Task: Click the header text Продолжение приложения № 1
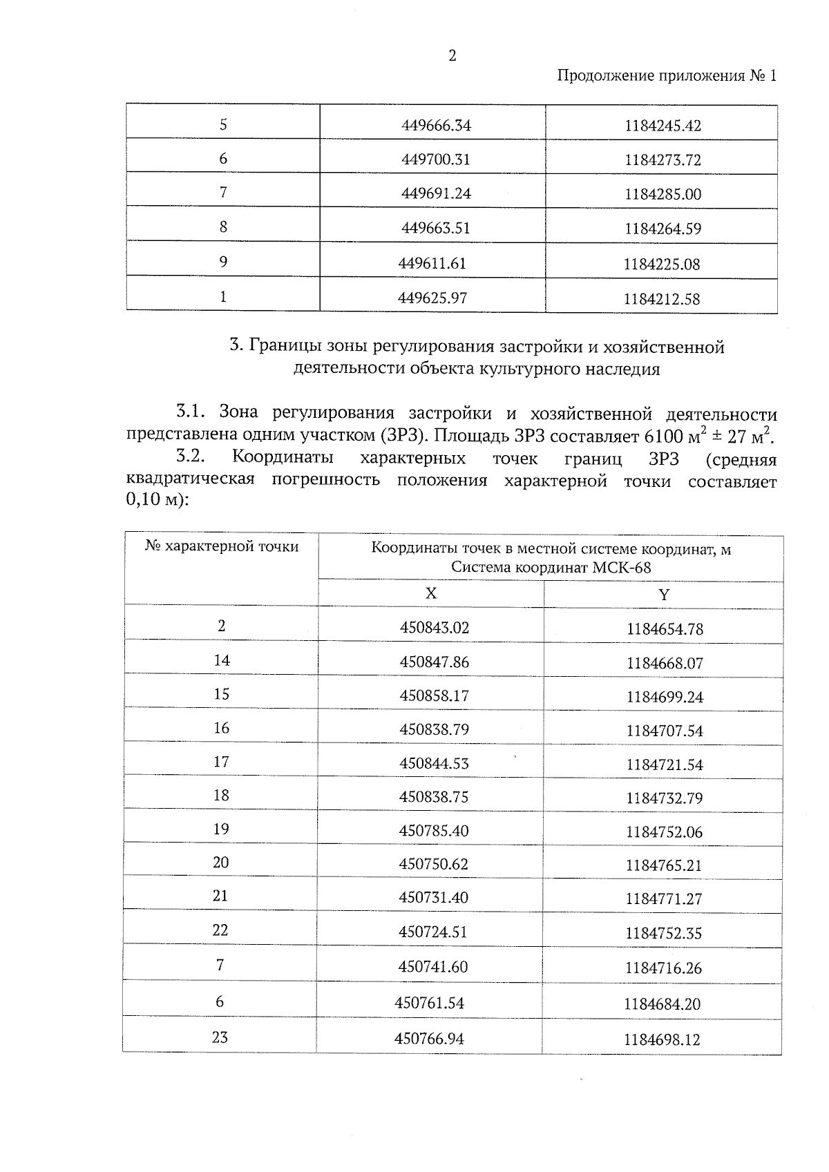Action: pyautogui.click(x=667, y=76)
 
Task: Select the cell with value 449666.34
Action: pyautogui.click(x=436, y=126)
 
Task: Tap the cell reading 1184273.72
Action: pyautogui.click(x=663, y=160)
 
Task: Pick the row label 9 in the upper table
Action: pyautogui.click(x=223, y=262)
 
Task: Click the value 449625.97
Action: pyautogui.click(x=432, y=298)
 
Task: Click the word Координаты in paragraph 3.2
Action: pyautogui.click(x=283, y=459)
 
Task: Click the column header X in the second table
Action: pyautogui.click(x=430, y=594)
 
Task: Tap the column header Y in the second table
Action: pyautogui.click(x=663, y=595)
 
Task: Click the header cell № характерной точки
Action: pyautogui.click(x=222, y=547)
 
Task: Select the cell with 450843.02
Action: pyautogui.click(x=434, y=628)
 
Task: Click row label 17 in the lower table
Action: pyautogui.click(x=221, y=762)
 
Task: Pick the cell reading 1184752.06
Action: pyautogui.click(x=664, y=832)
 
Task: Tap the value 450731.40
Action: pyautogui.click(x=433, y=898)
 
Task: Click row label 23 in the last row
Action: pyautogui.click(x=220, y=1037)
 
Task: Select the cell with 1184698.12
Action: pyautogui.click(x=662, y=1040)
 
